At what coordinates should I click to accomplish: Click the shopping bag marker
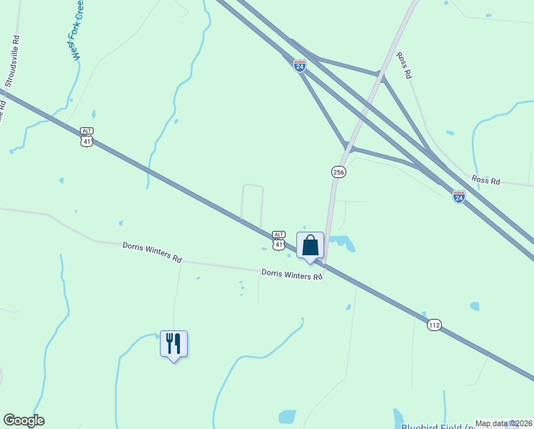click(x=310, y=246)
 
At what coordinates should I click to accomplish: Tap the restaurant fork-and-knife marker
click(x=173, y=344)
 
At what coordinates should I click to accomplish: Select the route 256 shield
click(x=338, y=172)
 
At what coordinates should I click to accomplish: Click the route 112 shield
click(x=435, y=325)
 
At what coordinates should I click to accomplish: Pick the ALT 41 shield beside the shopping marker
click(x=279, y=240)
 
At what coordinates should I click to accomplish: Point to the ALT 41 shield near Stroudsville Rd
click(x=86, y=136)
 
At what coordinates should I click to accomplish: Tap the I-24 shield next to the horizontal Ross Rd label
click(x=459, y=196)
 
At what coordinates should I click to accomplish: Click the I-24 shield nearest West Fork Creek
click(x=300, y=65)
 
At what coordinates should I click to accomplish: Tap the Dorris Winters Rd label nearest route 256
click(x=292, y=274)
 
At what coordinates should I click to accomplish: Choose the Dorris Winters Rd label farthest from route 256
click(x=152, y=251)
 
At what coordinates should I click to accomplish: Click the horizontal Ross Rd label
click(x=485, y=180)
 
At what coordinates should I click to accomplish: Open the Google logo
click(x=24, y=420)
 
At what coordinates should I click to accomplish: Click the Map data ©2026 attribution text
click(x=503, y=423)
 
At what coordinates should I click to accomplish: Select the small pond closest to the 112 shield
click(x=474, y=306)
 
